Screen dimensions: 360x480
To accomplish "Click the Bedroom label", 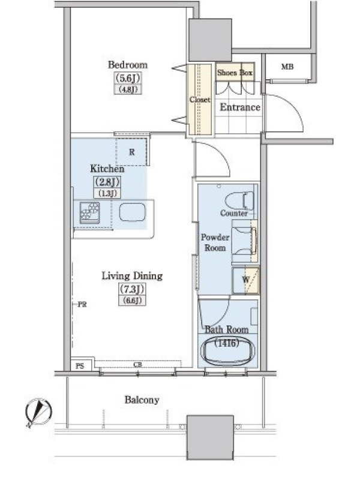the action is click(128, 65).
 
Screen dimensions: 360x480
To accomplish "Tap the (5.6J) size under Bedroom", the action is click(128, 78).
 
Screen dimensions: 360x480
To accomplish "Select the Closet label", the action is click(200, 100).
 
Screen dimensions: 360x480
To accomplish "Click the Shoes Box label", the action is click(235, 73).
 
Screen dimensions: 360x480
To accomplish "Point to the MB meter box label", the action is click(287, 67).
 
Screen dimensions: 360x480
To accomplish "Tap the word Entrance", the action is click(240, 107).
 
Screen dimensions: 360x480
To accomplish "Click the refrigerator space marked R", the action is click(132, 152).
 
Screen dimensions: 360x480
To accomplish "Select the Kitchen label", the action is click(107, 169).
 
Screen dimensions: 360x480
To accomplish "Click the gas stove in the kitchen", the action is click(89, 212).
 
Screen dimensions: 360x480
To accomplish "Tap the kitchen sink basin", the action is click(132, 212).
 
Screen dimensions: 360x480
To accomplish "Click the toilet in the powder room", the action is click(239, 201).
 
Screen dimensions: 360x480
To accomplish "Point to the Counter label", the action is click(234, 213).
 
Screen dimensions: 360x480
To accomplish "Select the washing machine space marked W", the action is click(245, 280).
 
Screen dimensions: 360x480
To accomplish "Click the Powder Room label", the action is click(215, 242).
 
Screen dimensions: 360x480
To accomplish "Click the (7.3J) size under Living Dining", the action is click(132, 289).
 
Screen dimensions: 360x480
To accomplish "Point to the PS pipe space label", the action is click(80, 366).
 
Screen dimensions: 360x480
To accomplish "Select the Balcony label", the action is click(142, 400).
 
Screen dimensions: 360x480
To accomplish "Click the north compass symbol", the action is click(38, 412).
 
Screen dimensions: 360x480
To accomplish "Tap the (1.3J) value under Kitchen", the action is click(107, 193).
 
